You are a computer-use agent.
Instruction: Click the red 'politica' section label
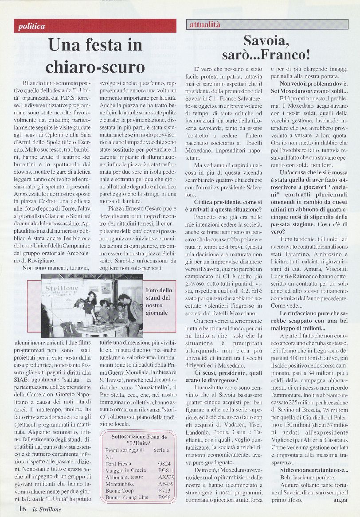[32, 26]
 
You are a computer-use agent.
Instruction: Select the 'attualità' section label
[205, 25]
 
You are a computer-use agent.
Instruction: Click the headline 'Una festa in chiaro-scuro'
[95, 56]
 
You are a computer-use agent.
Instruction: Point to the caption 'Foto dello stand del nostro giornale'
[157, 301]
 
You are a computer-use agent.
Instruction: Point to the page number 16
[22, 509]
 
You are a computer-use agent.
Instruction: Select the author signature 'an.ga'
[340, 500]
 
